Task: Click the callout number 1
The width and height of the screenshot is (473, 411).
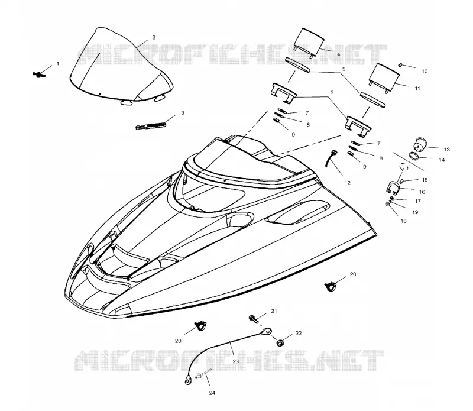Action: tap(58, 64)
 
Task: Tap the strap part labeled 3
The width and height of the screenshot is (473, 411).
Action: tap(151, 125)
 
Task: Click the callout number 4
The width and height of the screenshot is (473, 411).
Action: tap(338, 54)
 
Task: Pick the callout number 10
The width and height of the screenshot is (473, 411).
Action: tap(425, 72)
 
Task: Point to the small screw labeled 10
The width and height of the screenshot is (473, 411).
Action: tap(400, 64)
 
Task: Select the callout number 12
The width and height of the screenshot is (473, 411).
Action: tap(347, 183)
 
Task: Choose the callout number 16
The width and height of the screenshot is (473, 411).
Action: tap(422, 192)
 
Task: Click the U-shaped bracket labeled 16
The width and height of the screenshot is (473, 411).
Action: tap(393, 187)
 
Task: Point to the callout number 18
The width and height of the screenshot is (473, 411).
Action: tap(403, 221)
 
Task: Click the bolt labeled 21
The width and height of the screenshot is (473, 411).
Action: tap(254, 319)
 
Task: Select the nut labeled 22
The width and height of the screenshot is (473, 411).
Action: tap(280, 343)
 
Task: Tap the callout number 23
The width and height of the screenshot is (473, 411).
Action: tap(235, 361)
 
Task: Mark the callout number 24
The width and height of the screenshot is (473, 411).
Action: tap(212, 393)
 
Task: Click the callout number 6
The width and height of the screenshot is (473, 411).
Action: tap(332, 92)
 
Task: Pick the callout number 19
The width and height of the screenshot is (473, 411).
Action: tap(415, 212)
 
